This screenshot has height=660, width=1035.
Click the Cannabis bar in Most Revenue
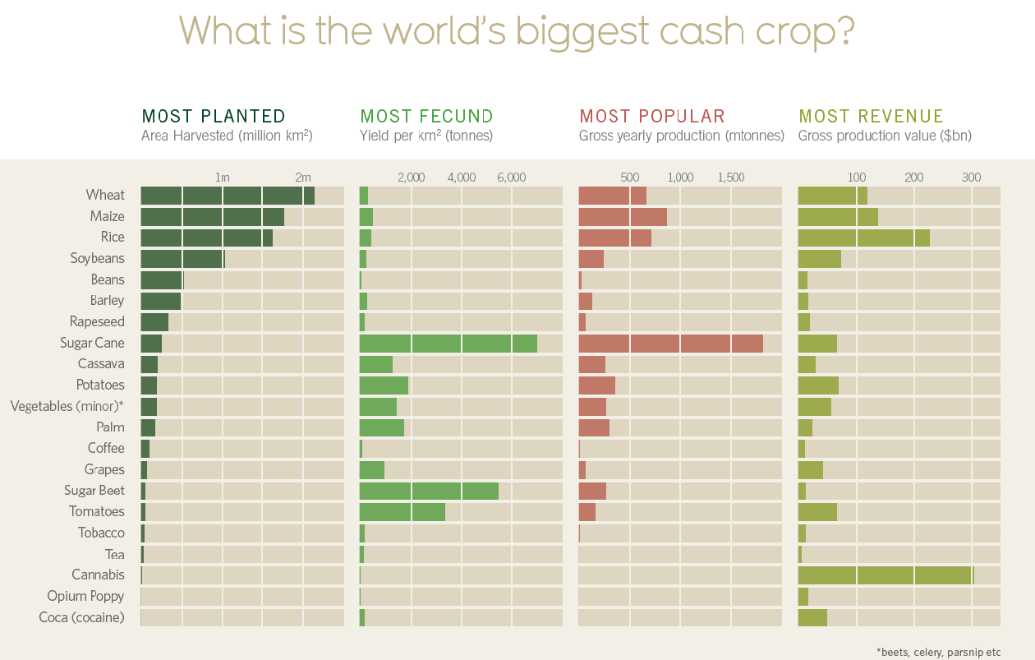[885, 575]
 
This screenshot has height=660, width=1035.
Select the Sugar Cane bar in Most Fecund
[448, 344]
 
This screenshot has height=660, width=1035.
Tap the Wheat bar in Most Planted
[228, 196]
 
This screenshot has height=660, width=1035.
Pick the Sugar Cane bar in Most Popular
[670, 344]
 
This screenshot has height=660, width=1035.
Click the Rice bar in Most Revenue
[863, 238]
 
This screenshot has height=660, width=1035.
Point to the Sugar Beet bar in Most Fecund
[429, 491]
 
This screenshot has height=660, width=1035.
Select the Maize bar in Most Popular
[623, 217]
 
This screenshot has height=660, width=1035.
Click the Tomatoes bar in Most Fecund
[402, 512]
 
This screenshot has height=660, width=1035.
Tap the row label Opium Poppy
[85, 596]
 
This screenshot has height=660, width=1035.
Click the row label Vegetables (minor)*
[67, 406]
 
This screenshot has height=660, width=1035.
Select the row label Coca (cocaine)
[81, 617]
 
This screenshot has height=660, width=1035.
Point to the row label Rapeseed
[97, 321]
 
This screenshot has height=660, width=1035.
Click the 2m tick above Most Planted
[303, 178]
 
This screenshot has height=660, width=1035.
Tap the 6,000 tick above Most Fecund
[511, 178]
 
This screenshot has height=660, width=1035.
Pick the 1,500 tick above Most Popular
[730, 178]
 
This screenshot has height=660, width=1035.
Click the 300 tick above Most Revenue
[971, 178]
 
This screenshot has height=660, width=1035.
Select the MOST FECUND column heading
[426, 117]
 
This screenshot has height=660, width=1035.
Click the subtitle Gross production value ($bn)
[885, 136]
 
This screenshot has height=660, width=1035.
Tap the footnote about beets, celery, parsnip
[938, 652]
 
